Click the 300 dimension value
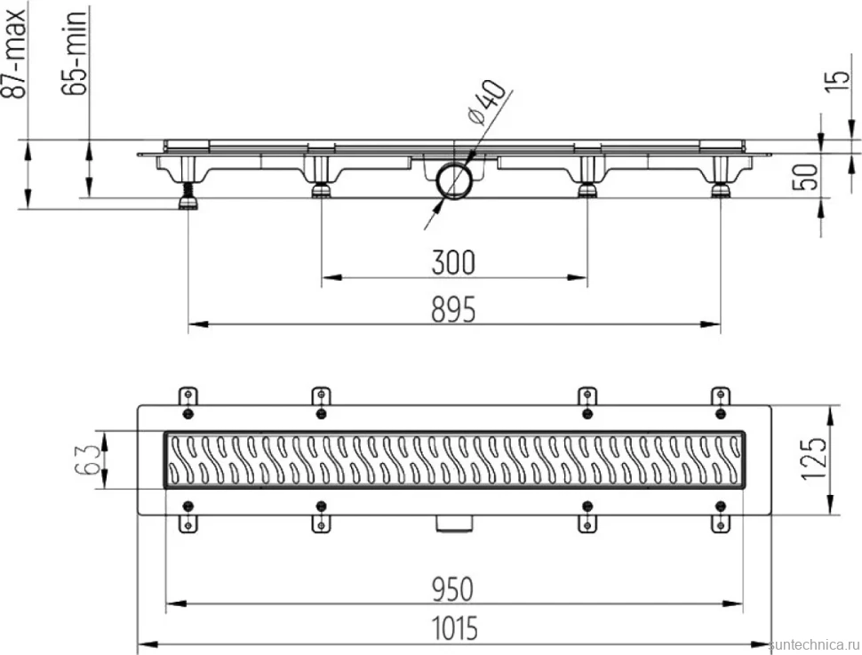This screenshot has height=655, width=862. click(x=453, y=262)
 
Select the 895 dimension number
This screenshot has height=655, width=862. click(x=453, y=309)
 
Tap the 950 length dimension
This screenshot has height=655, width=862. click(x=452, y=589)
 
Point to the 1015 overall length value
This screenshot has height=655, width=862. click(x=454, y=628)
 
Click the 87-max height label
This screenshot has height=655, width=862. click(x=13, y=54)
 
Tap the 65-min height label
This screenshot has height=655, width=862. click(x=75, y=52)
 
